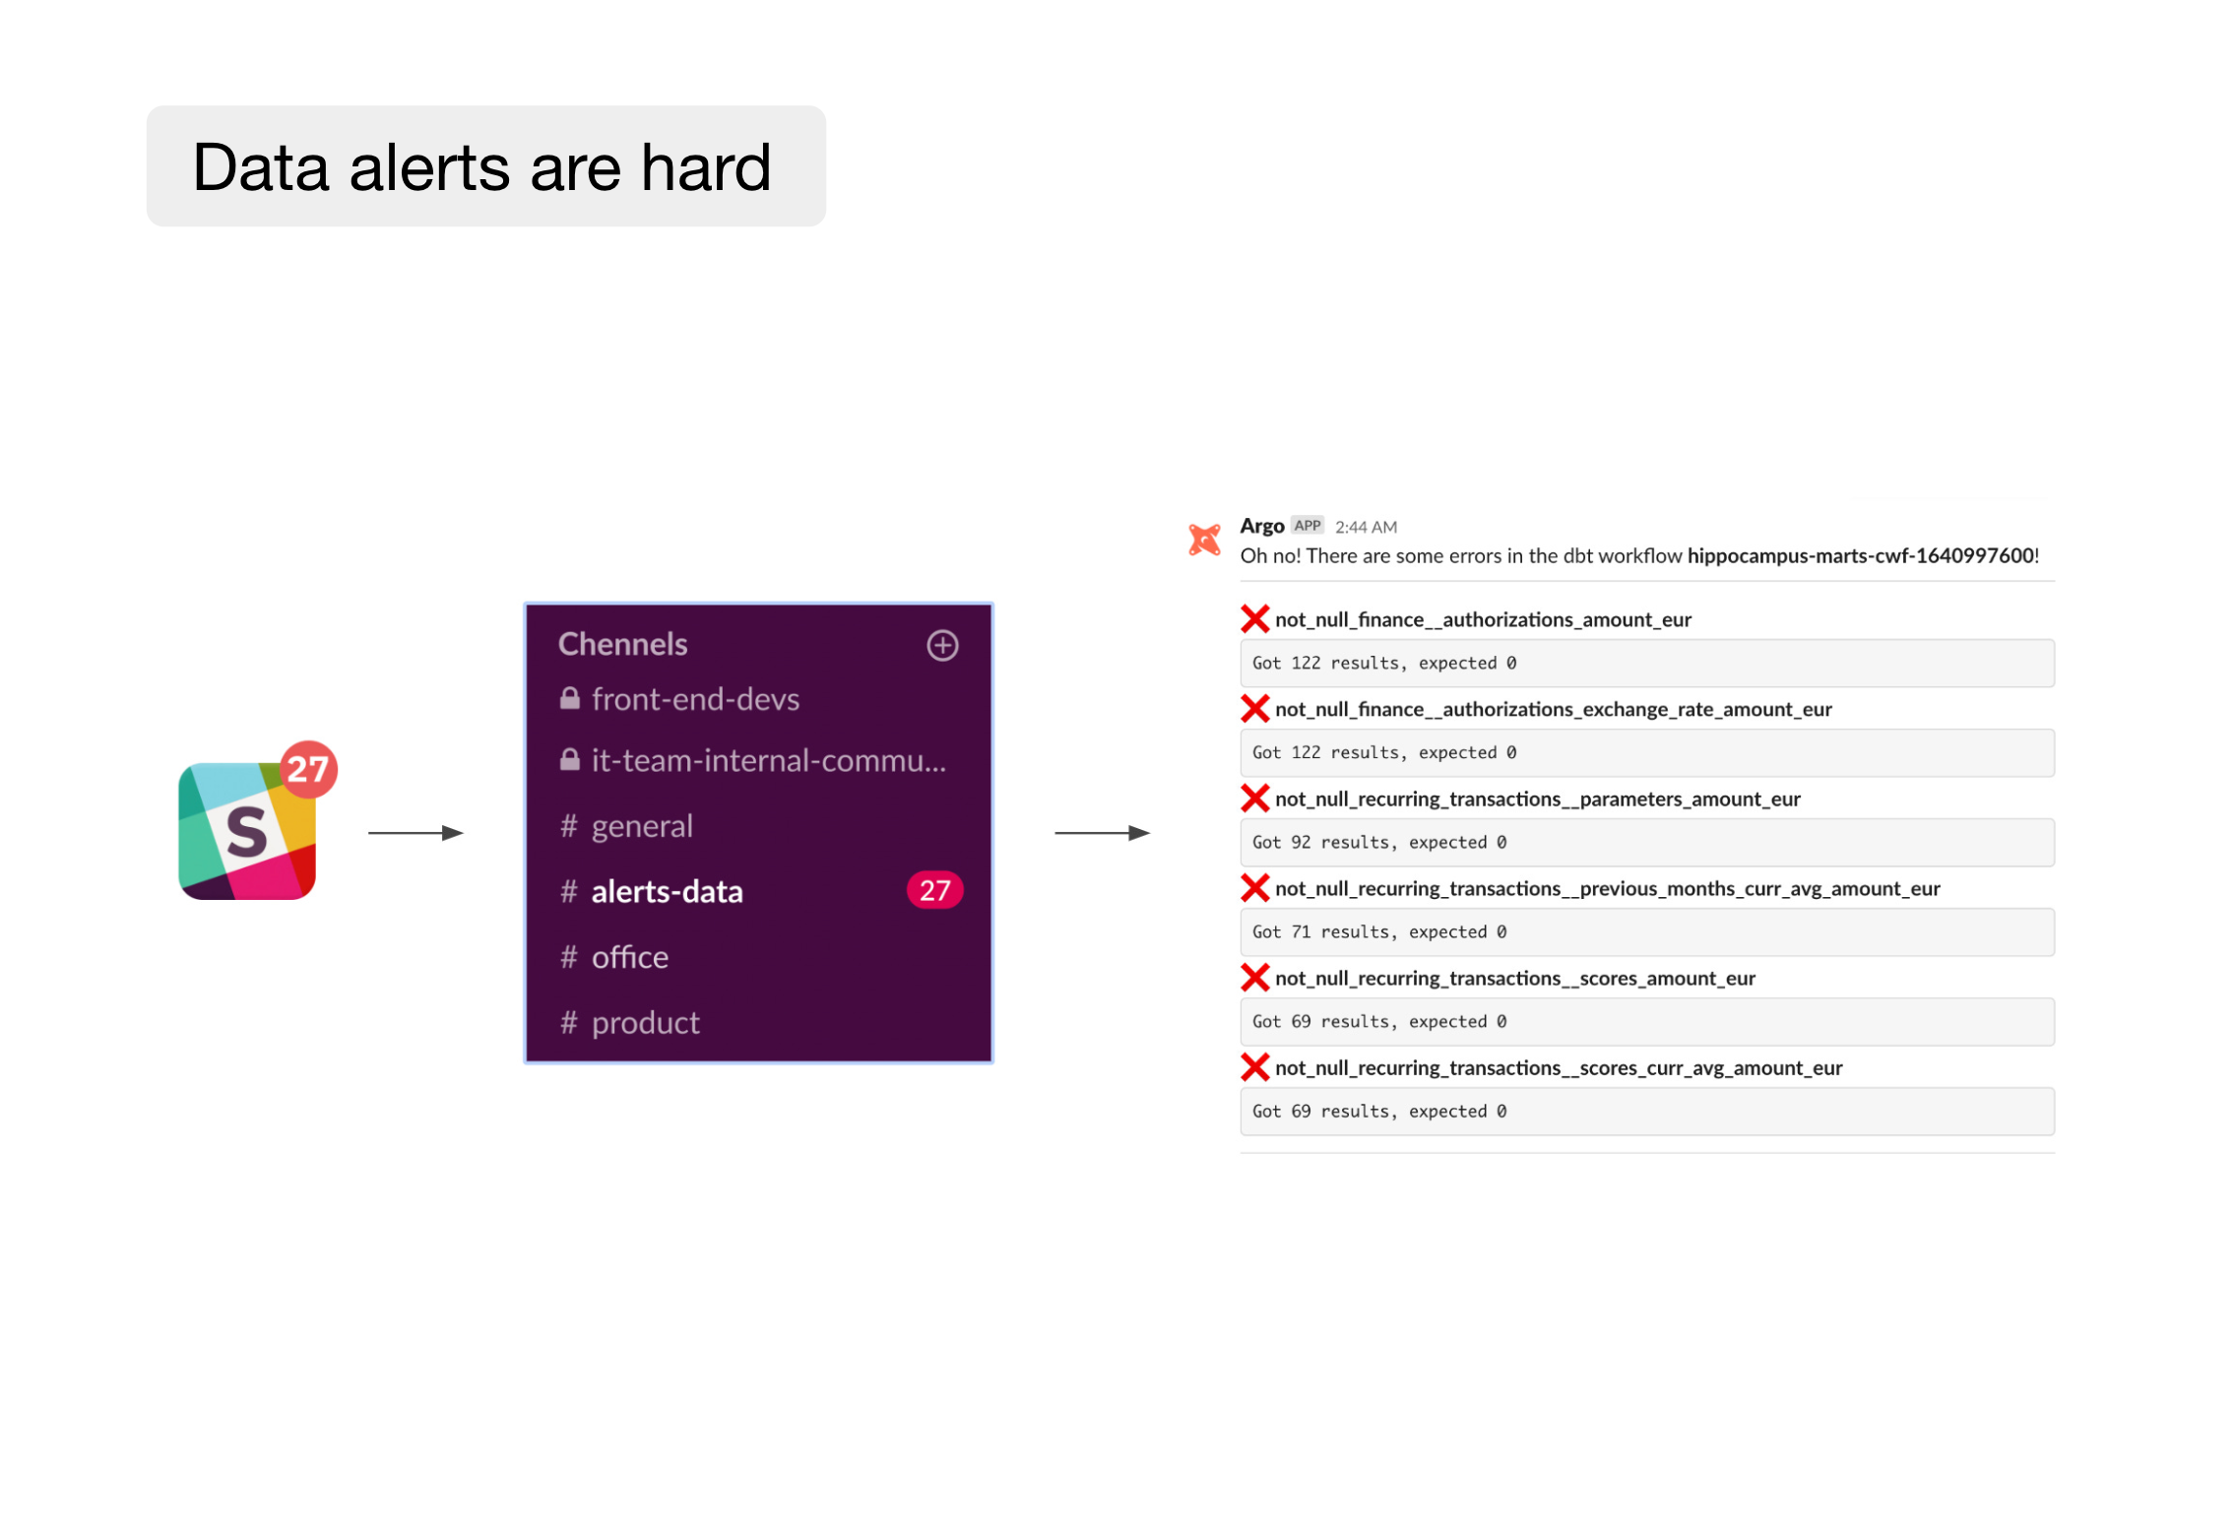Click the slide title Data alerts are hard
(481, 166)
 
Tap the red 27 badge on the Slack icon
(307, 768)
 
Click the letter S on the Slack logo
(246, 832)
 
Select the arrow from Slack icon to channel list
(415, 833)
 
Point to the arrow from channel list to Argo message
(1101, 833)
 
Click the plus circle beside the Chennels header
(942, 645)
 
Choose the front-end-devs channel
(694, 699)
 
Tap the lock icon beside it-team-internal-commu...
(569, 760)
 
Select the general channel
(641, 826)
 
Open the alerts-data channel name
(667, 891)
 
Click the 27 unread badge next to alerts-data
(933, 890)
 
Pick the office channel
(629, 957)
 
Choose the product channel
(645, 1023)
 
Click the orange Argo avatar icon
(1204, 540)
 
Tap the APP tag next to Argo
(1307, 526)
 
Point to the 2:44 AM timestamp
(1366, 528)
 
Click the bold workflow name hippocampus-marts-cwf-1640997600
(1861, 556)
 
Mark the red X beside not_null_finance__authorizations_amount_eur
(1254, 619)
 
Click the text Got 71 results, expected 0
(1378, 932)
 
